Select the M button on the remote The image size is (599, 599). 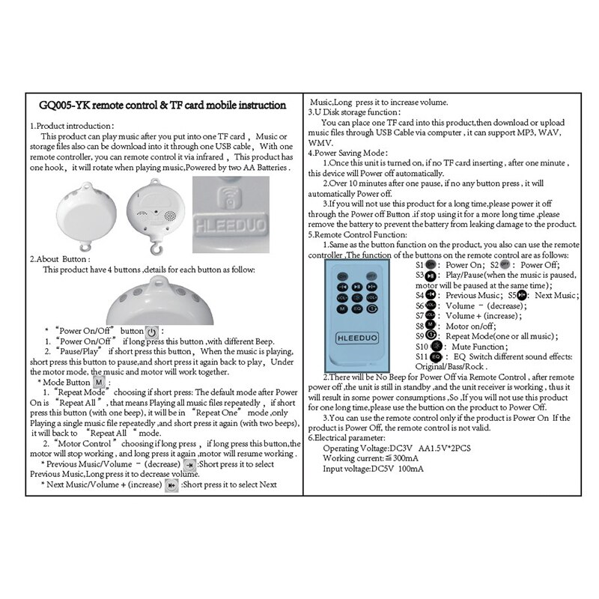point(341,308)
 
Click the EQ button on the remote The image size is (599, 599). point(357,308)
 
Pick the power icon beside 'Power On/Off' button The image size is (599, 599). point(151,332)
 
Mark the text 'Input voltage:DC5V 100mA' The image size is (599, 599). point(373,468)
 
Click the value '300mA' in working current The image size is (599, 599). point(407,457)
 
